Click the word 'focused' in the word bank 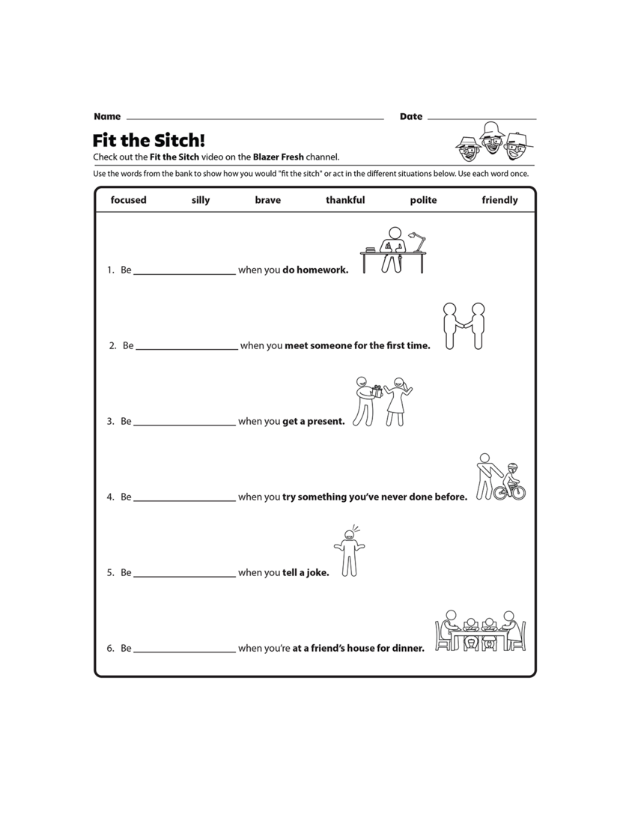tap(128, 200)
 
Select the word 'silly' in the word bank tap(201, 200)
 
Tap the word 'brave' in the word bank tap(267, 200)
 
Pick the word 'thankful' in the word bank tap(345, 200)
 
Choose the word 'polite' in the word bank tap(423, 200)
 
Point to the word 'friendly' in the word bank tap(499, 200)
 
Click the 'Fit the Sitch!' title tap(148, 141)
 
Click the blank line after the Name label tap(255, 118)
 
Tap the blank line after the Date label tap(481, 118)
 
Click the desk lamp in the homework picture tap(418, 241)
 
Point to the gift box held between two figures tap(378, 392)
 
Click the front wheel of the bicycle tap(517, 492)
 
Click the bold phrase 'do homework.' tap(315, 270)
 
